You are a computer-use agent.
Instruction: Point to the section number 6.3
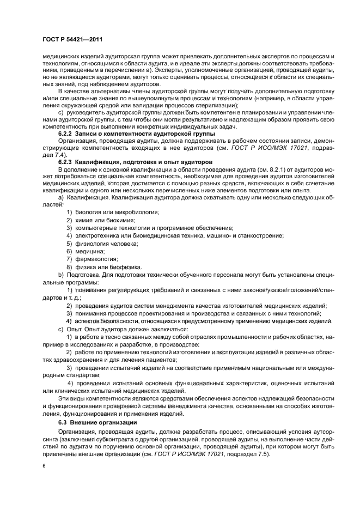click(x=64, y=423)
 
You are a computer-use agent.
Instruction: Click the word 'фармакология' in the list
click(x=95, y=259)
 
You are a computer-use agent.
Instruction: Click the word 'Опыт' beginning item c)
click(x=75, y=330)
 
